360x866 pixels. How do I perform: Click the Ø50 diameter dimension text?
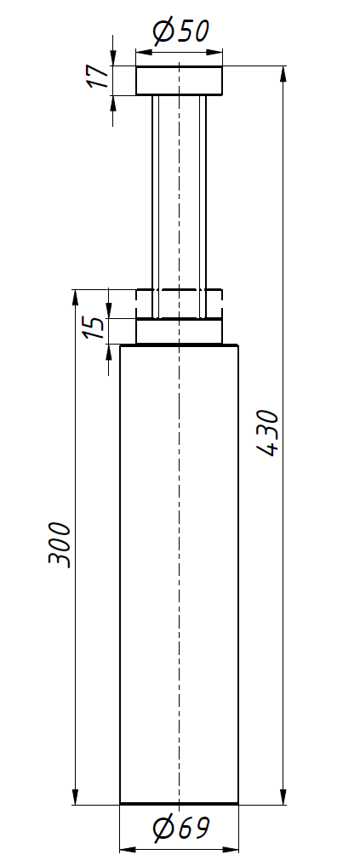[181, 31]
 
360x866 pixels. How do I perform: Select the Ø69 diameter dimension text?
[181, 829]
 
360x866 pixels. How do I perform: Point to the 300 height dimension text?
[59, 544]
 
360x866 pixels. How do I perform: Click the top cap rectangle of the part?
[179, 80]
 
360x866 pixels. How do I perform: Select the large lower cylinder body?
[179, 574]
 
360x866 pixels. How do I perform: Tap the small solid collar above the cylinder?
[179, 332]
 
